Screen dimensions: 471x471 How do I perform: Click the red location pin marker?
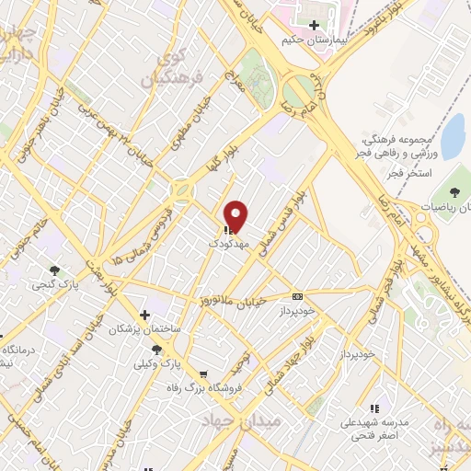pyautogui.click(x=236, y=215)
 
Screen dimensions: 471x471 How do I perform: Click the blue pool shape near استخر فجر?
pyautogui.click(x=453, y=137)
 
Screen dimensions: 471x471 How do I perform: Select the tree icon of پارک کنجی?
pyautogui.click(x=54, y=270)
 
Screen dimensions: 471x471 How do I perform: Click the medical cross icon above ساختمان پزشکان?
pyautogui.click(x=144, y=315)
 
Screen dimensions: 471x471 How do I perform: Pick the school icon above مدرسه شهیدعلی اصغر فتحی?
pyautogui.click(x=373, y=408)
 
